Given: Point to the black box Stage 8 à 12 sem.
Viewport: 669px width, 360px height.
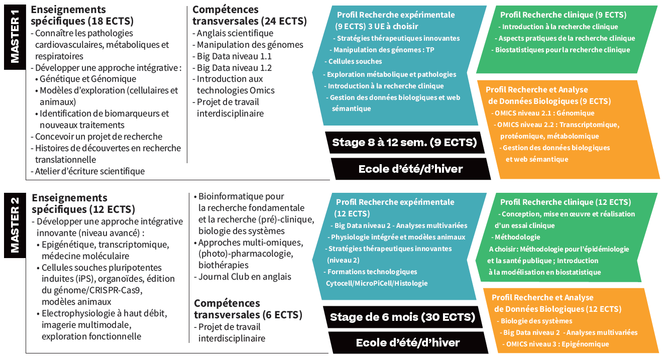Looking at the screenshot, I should tap(404, 143).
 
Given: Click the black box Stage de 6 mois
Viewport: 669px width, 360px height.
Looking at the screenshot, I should tap(402, 317).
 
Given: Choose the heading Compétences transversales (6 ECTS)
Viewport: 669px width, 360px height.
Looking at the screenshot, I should tap(248, 309).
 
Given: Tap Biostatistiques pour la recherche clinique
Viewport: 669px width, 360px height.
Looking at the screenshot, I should tap(563, 50).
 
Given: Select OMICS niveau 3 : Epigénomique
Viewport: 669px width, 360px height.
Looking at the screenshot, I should tap(557, 344).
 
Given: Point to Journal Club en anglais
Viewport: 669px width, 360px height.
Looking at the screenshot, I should tap(244, 277).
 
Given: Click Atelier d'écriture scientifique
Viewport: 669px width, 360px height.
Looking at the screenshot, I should tap(89, 171).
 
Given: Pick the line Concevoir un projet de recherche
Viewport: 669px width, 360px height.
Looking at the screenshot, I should tap(98, 137).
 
